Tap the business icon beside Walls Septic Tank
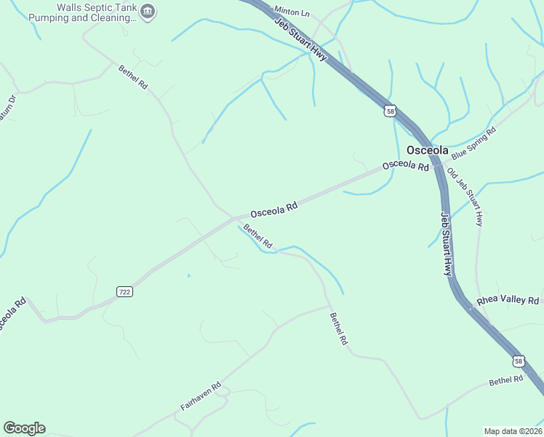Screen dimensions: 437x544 click(148, 11)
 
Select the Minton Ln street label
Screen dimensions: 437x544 click(292, 12)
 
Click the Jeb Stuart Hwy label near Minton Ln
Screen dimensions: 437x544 click(302, 40)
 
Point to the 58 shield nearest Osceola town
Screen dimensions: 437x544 click(391, 111)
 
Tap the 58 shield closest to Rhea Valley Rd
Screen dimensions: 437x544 click(518, 361)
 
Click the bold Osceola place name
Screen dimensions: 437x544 click(427, 149)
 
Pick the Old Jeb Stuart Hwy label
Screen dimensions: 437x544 click(465, 197)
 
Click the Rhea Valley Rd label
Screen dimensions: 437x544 click(508, 300)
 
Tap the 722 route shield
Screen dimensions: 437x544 click(124, 291)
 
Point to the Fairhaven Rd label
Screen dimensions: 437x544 click(201, 396)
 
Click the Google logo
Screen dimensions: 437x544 click(24, 428)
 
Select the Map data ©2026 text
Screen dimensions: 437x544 click(513, 430)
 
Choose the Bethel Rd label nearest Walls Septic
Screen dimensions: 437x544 click(133, 76)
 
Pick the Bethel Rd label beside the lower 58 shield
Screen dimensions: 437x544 click(506, 380)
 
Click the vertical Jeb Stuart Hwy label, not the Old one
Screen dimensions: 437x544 click(447, 243)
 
